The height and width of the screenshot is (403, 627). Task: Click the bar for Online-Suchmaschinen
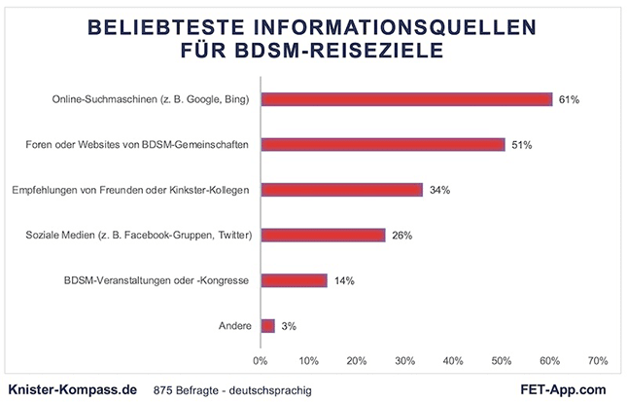pos(406,99)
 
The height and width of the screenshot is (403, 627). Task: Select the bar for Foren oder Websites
pos(382,145)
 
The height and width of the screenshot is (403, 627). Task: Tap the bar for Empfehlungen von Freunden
pos(341,190)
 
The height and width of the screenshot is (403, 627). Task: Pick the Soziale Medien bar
pos(323,235)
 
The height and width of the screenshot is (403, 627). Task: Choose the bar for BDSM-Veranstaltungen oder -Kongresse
pos(294,280)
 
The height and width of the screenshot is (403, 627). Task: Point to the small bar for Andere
pos(267,325)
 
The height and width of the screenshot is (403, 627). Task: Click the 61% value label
pos(569,99)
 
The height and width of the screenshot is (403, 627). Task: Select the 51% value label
pos(521,145)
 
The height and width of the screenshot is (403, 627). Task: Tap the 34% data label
pos(439,190)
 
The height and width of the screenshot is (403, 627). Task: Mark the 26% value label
pos(401,235)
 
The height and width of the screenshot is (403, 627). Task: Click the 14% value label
pos(344,280)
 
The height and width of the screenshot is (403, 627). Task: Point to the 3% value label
pos(289,325)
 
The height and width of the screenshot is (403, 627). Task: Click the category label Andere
pos(234,325)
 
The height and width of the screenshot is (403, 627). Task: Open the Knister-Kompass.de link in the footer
pos(71,388)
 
